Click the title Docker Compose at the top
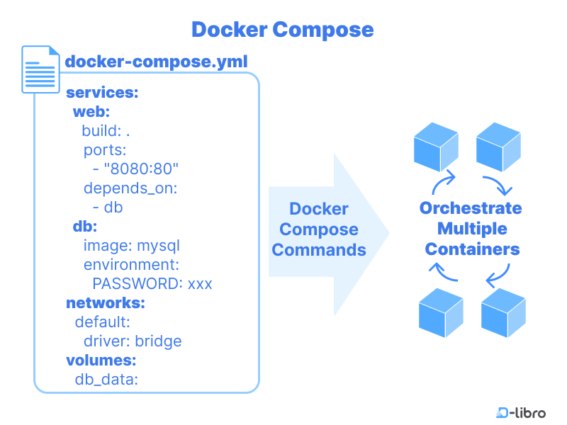coord(282,30)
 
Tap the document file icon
coord(40,69)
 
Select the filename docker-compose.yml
coord(157,61)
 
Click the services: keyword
coord(102,93)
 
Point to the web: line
coord(91,112)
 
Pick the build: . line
coord(106,131)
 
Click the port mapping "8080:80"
coord(142,169)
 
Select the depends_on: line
coord(130,188)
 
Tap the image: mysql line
coord(132,246)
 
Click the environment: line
coord(130,265)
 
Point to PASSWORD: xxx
coord(152,284)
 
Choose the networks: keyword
coord(106,303)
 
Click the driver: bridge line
coord(133,341)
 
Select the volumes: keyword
coord(101,361)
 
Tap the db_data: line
coord(106,380)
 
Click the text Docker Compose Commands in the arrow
coord(319,229)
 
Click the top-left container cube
coord(436,145)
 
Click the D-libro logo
coord(521,412)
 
